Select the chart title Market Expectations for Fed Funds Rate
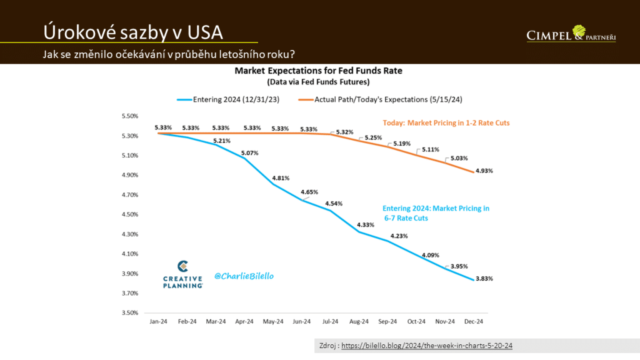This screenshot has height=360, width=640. [318, 71]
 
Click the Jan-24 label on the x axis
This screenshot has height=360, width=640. [158, 321]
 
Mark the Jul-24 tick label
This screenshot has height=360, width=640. [331, 321]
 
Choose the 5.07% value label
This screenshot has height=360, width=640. [249, 153]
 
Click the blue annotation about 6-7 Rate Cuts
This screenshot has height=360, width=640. [436, 214]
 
